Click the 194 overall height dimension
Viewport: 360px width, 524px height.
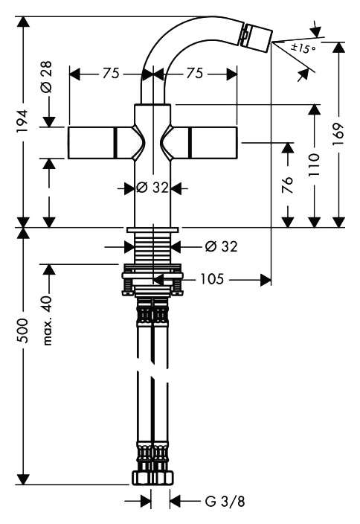coord(23,121)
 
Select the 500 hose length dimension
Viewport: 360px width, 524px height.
coord(23,330)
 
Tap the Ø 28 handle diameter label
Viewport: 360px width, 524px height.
coord(47,77)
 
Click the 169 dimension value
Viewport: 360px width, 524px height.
coord(338,134)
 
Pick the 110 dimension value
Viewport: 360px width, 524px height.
coord(314,165)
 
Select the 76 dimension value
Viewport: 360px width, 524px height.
coord(287,185)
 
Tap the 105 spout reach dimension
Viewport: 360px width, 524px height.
coord(212,278)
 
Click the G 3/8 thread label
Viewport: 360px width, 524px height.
coord(225,501)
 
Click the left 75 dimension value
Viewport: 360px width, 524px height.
coord(111,73)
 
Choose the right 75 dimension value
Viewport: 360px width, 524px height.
coord(195,73)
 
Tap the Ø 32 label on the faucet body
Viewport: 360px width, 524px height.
coord(152,188)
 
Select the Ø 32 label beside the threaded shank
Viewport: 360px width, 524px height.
coord(221,246)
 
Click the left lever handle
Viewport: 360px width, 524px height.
coord(105,143)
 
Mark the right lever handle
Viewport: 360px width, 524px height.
coord(200,143)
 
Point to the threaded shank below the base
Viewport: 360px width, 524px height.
coord(152,248)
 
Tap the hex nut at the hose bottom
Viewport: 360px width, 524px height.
coord(152,478)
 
